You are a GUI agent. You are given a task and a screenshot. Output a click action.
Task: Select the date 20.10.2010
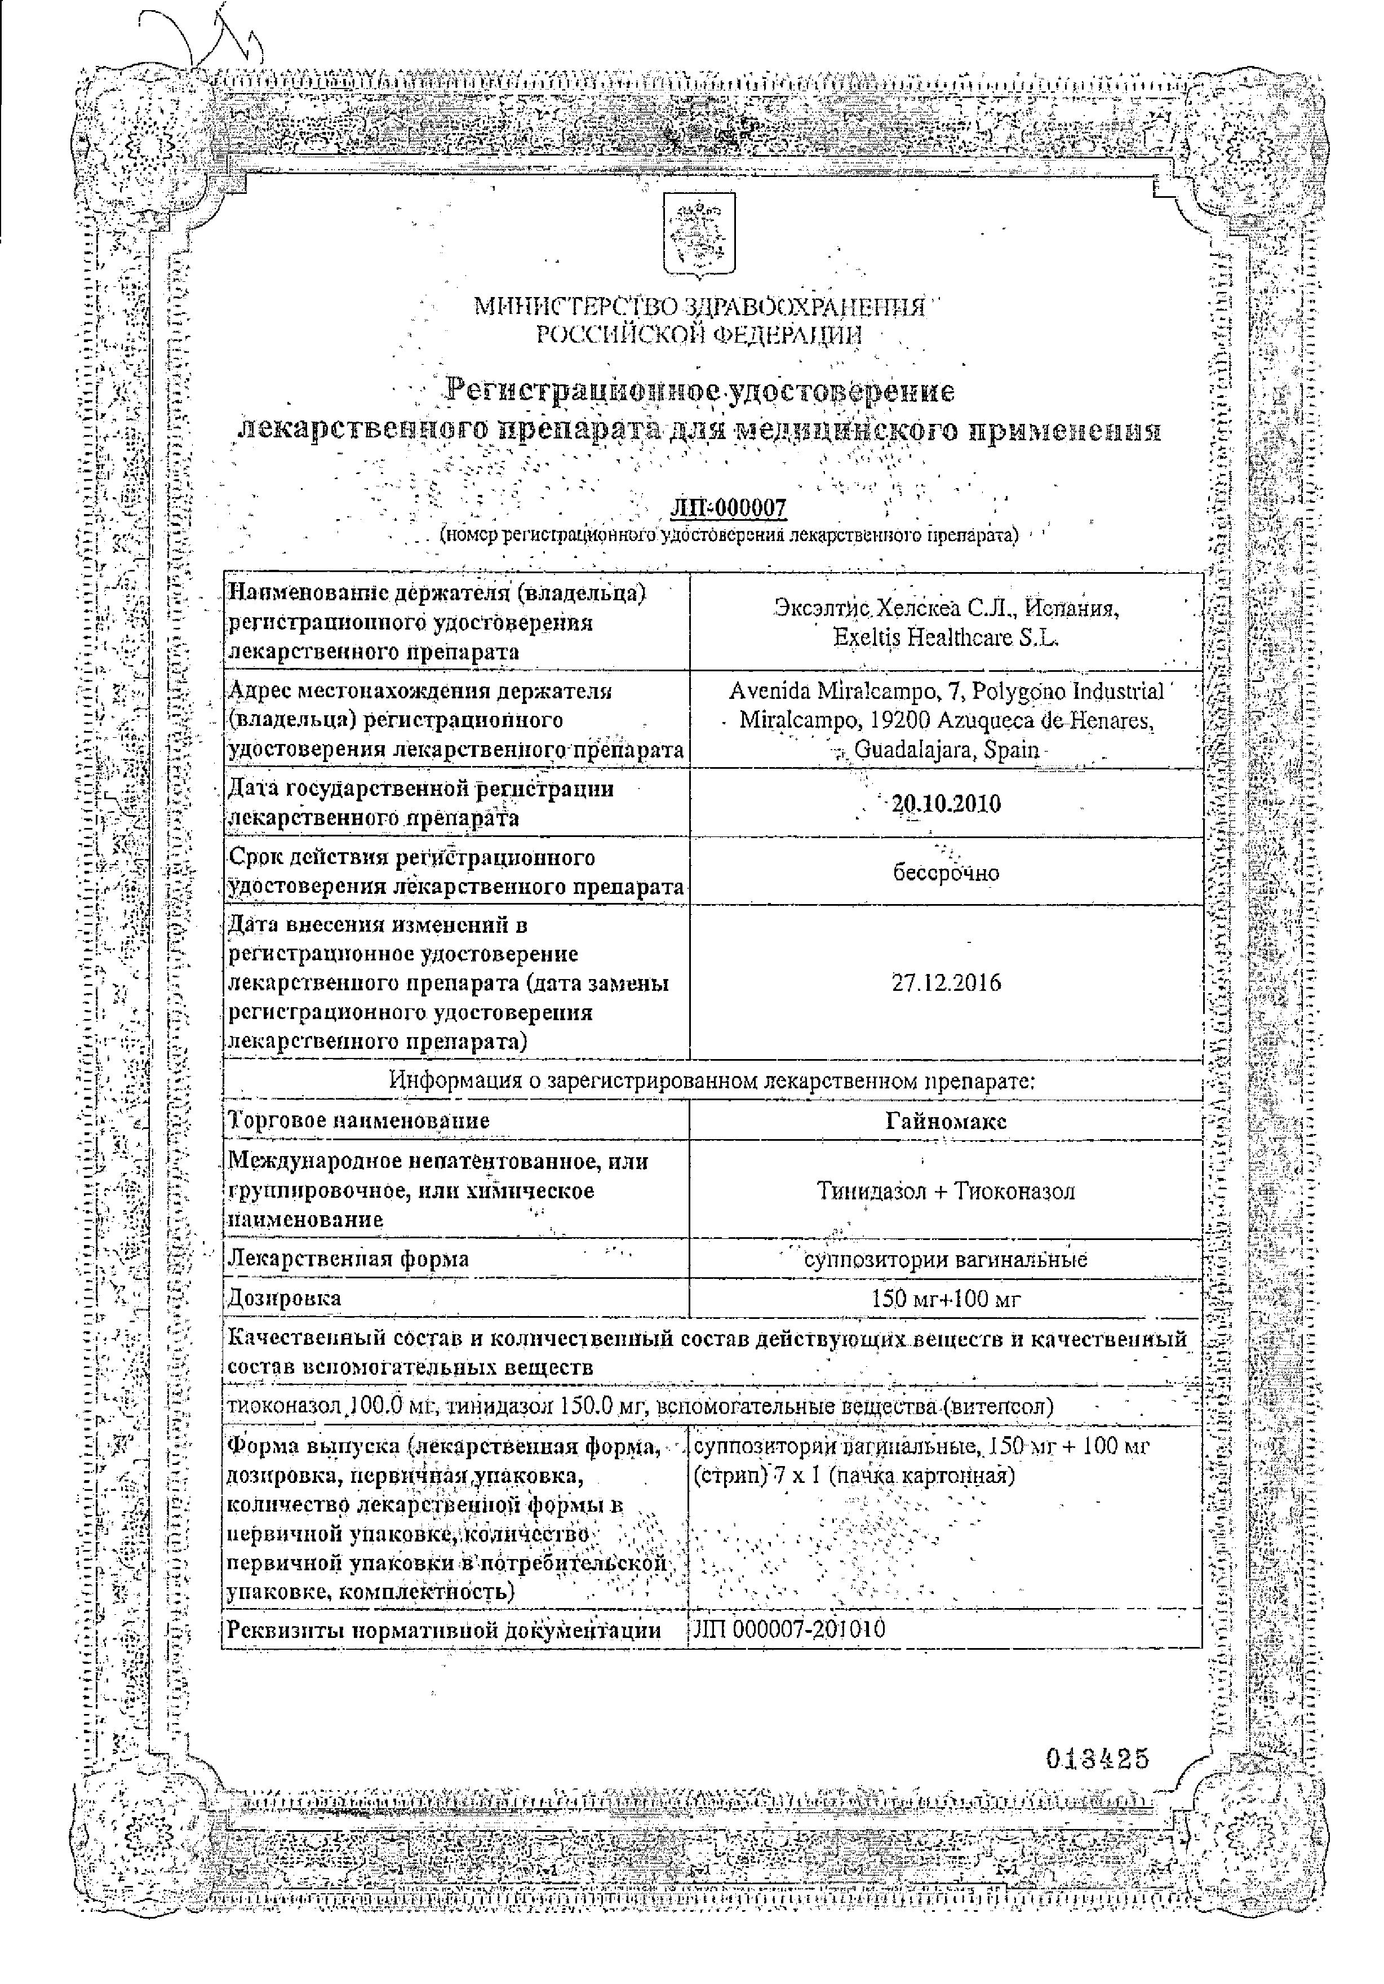(x=946, y=804)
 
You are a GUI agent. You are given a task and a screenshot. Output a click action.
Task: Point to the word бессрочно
(x=946, y=873)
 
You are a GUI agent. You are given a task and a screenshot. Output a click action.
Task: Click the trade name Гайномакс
(x=946, y=1121)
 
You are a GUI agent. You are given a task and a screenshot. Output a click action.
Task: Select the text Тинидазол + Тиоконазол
(x=946, y=1191)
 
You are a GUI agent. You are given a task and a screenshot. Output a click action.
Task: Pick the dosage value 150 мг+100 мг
(x=946, y=1298)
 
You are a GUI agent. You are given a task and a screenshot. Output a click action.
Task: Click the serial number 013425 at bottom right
(x=1097, y=1759)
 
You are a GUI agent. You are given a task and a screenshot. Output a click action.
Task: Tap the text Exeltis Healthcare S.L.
(x=946, y=637)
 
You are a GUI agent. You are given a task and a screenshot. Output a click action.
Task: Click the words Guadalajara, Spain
(x=946, y=749)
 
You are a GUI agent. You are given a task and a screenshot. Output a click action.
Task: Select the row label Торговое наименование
(x=358, y=1121)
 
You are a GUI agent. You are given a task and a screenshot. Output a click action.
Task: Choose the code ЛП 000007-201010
(x=789, y=1629)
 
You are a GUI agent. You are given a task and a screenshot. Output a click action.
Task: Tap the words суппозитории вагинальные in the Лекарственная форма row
(x=946, y=1259)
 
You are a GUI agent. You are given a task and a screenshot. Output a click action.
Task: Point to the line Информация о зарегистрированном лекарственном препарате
(x=712, y=1080)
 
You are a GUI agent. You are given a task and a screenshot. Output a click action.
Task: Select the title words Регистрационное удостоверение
(x=700, y=391)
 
